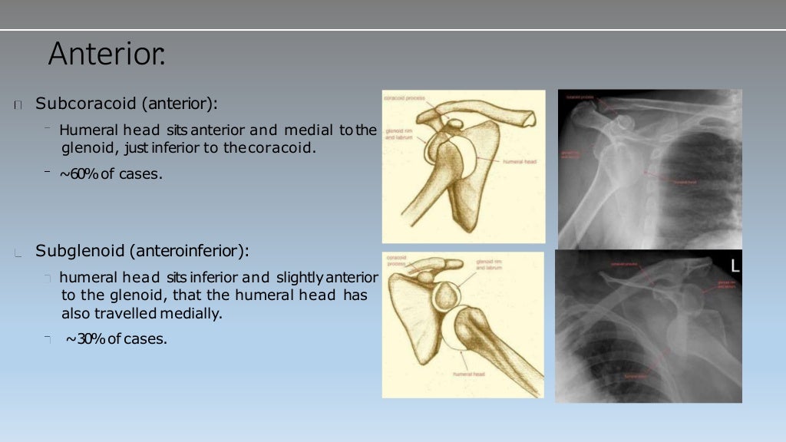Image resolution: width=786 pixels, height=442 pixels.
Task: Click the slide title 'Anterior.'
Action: point(106,54)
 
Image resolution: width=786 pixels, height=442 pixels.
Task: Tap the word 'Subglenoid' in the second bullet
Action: point(73,251)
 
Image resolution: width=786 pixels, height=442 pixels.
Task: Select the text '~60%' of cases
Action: point(78,174)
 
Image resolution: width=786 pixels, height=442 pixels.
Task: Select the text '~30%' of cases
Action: point(84,338)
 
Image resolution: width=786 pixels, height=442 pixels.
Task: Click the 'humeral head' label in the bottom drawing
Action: point(468,374)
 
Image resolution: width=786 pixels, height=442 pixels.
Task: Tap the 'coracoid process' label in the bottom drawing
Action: point(397,260)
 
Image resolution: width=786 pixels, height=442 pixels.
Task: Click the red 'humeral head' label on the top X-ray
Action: point(685,182)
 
